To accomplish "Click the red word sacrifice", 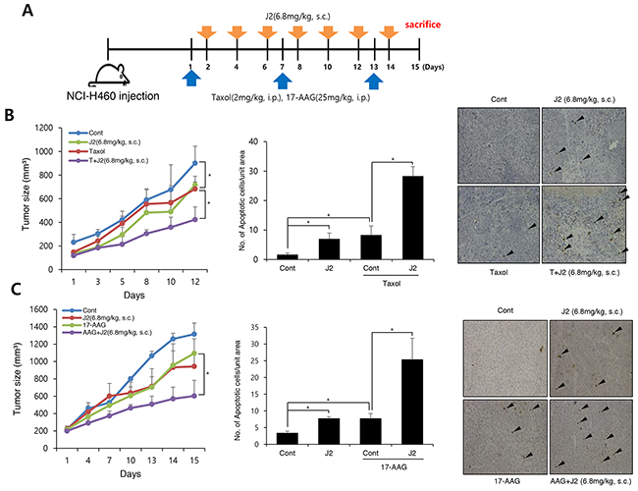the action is pos(422,25).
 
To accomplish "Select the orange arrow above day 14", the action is pos(389,31).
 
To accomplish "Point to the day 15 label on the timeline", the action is pos(415,67).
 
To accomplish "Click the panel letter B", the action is pos(9,115).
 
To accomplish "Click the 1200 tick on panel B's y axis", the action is pos(45,128).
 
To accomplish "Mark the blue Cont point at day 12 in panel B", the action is pos(195,163).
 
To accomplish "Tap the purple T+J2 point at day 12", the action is pos(195,219).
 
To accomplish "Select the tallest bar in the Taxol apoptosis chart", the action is pos(412,218).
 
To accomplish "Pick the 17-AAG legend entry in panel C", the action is pos(87,325).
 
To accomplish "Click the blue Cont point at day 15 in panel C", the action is pos(194,334).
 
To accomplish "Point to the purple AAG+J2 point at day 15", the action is pos(194,396).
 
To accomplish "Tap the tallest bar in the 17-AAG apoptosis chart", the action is pos(412,402).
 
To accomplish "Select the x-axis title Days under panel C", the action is pos(131,474).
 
